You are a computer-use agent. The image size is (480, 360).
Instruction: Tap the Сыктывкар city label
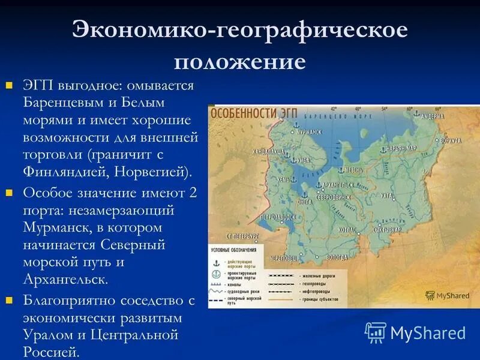tap(386, 230)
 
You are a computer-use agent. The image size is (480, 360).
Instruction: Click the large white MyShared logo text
tap(427, 333)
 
